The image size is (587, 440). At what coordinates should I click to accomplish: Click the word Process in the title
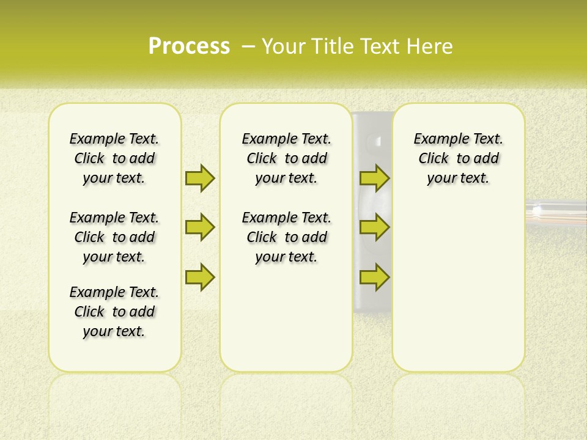189,46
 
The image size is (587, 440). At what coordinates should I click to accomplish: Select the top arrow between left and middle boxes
200,178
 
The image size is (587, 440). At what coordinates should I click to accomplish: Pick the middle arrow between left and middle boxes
200,227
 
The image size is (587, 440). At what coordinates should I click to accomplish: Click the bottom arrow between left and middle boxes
200,277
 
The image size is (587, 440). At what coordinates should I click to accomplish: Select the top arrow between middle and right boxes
375,178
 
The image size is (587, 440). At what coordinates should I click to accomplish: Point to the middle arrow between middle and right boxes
375,227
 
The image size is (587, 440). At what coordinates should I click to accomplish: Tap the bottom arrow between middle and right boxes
375,277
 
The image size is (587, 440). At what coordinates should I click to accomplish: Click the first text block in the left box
114,158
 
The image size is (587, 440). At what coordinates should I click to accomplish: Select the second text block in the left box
114,237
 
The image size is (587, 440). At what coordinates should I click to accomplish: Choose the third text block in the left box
114,312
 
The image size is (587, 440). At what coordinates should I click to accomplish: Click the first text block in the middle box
286,158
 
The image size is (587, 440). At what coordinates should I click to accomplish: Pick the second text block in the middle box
286,237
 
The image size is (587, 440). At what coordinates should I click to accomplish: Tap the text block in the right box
459,158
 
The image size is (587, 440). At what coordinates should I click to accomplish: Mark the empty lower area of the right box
459,287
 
